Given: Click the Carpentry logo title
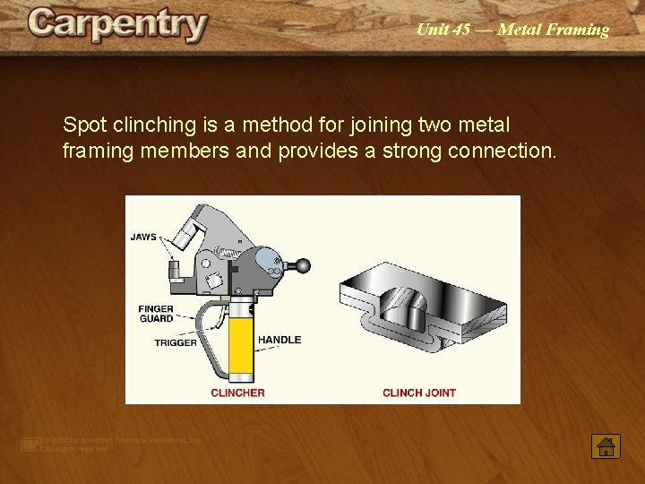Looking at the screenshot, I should (117, 25).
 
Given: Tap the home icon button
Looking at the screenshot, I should (606, 445).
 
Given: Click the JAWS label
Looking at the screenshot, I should (143, 238).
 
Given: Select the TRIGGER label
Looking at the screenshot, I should (176, 343).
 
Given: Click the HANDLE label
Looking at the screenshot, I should (279, 340).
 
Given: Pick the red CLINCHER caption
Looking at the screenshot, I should (237, 393).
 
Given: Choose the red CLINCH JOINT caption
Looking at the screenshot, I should (419, 393).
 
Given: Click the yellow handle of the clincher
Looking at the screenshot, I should (241, 344).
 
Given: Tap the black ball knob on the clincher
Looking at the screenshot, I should (305, 265).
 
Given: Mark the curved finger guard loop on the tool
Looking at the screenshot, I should (205, 332).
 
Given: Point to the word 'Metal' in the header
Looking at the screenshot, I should (518, 30).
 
